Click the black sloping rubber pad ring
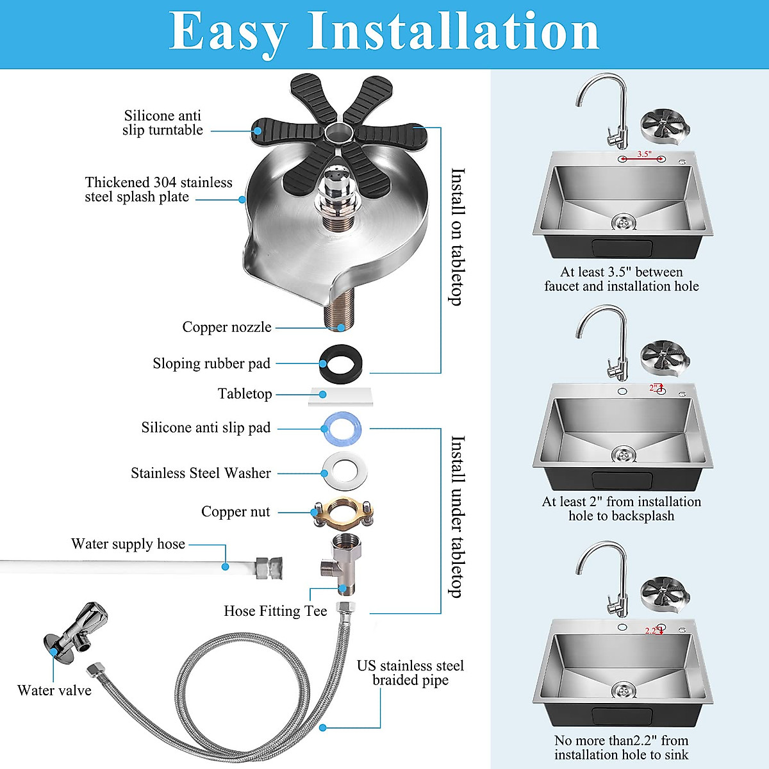point(340,363)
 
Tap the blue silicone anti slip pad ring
point(341,428)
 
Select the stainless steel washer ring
point(340,473)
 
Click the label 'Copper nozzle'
point(227,327)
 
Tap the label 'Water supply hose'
point(128,544)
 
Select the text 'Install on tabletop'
point(457,236)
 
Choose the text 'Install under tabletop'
point(457,517)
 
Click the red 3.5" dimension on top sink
point(643,154)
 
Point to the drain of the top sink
point(623,222)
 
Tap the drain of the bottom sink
point(623,690)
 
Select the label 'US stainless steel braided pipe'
point(410,673)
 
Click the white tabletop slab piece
point(340,397)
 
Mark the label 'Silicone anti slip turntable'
point(163,122)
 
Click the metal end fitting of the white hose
point(269,568)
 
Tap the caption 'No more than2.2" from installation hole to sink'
point(621,748)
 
